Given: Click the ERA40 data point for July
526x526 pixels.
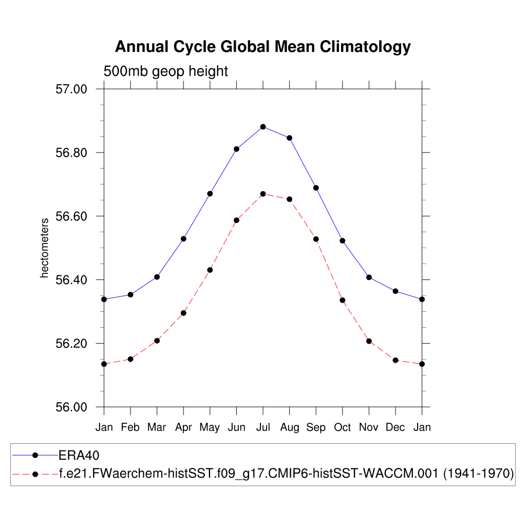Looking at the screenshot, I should [x=263, y=126].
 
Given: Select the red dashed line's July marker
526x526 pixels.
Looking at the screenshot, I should [x=263, y=194].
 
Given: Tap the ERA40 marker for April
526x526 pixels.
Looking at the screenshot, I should [x=183, y=238].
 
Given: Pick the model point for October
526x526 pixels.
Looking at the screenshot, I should [x=342, y=300].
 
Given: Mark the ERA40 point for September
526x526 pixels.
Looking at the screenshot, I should [x=316, y=187].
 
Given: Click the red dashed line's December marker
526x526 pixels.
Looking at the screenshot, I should [x=396, y=360].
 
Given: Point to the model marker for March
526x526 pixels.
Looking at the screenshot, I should [x=157, y=341].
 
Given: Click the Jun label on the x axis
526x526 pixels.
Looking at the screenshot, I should [x=236, y=427].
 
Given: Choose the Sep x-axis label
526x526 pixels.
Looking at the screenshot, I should [x=316, y=427].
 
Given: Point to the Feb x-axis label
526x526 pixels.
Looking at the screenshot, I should [x=130, y=427].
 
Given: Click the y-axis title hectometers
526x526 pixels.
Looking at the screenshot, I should [x=45, y=248].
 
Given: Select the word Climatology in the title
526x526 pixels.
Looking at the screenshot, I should [x=365, y=47].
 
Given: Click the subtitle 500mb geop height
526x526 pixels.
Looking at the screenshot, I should [x=165, y=71].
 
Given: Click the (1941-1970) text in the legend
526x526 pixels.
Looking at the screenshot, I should [x=478, y=474].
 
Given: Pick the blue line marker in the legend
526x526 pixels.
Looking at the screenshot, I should [x=35, y=455].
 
